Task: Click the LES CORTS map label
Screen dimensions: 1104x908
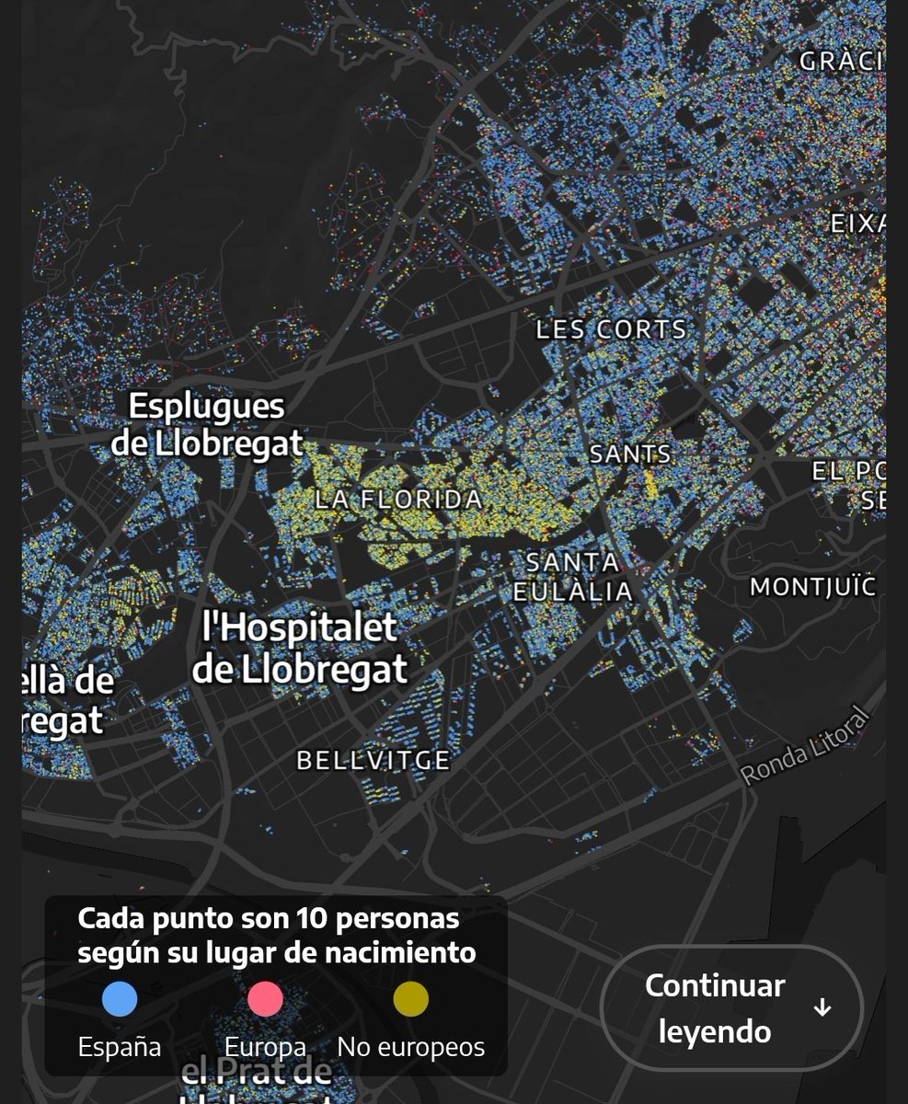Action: click(611, 329)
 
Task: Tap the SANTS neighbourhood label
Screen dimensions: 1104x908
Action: click(630, 454)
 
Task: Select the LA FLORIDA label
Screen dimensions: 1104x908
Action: click(398, 500)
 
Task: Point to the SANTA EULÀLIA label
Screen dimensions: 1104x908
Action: click(572, 576)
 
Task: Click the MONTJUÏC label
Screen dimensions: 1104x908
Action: click(813, 586)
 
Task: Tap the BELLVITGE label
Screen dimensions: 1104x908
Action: click(373, 760)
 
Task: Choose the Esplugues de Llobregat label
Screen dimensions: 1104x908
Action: click(207, 424)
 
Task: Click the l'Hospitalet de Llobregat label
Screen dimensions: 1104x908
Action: click(300, 648)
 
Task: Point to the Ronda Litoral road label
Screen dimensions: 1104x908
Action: click(805, 746)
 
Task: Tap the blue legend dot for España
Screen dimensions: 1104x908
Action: click(120, 999)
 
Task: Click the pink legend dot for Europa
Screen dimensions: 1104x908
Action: click(265, 999)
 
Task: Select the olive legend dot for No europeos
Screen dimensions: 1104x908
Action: click(411, 999)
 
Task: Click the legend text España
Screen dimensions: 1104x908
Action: click(120, 1047)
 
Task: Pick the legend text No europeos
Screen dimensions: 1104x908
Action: click(411, 1047)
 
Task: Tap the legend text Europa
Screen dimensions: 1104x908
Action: click(265, 1047)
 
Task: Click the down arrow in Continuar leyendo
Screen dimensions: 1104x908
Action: click(822, 1008)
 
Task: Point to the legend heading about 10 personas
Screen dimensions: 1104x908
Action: click(276, 935)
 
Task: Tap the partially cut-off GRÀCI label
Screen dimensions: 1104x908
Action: click(841, 62)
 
